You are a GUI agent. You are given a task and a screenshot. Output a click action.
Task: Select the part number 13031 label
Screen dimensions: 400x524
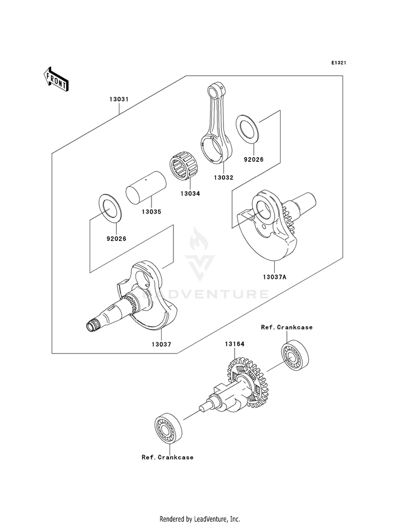(x=119, y=99)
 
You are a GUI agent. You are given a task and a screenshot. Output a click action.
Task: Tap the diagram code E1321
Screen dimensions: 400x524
(x=338, y=62)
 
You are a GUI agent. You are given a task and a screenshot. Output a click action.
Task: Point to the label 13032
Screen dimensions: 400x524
(x=223, y=177)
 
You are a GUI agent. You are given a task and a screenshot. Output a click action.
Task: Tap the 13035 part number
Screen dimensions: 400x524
(x=151, y=212)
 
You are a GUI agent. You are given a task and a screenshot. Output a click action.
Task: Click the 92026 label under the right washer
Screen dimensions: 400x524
(x=253, y=159)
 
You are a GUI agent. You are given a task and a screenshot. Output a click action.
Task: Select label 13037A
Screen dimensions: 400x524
(x=275, y=277)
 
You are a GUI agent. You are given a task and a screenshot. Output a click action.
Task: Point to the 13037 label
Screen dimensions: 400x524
(x=161, y=344)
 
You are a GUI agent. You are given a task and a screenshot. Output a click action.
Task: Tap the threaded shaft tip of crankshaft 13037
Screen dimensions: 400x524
(x=91, y=325)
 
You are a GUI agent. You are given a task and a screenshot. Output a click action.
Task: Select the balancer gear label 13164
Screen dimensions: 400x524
(x=234, y=343)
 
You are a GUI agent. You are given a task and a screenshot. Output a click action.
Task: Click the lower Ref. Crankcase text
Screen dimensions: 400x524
(x=167, y=457)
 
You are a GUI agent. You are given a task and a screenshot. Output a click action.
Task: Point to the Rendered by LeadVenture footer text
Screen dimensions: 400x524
(x=200, y=519)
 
